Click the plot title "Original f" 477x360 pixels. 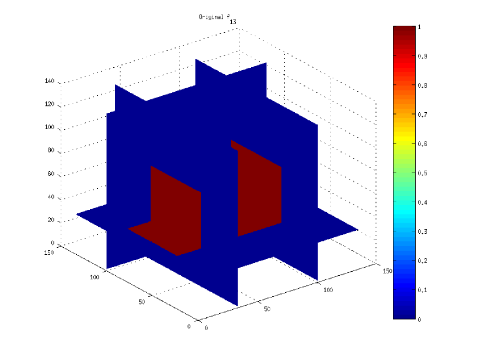214,17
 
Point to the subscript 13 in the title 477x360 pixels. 233,22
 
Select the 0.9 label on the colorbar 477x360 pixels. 422,56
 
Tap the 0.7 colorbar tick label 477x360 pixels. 422,115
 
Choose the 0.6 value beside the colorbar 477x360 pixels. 422,144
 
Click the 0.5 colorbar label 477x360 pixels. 422,173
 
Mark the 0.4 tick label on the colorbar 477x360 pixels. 422,202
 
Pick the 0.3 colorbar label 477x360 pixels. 422,231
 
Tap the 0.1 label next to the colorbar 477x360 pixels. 422,290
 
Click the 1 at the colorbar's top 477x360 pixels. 420,27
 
